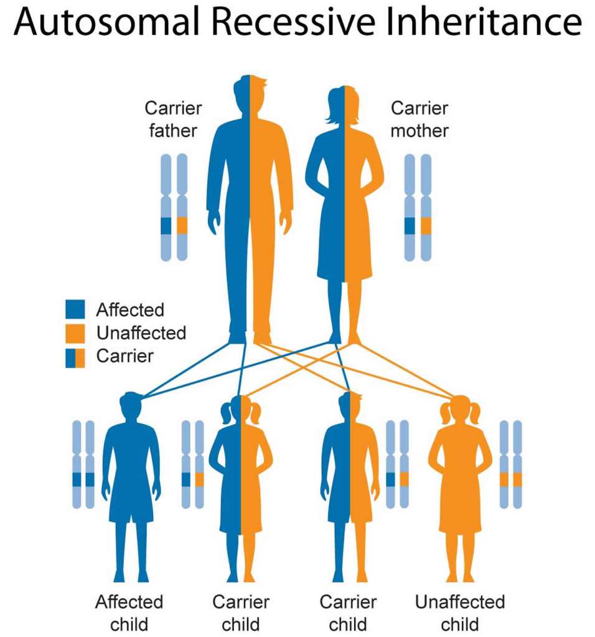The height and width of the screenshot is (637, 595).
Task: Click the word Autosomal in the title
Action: pos(110,24)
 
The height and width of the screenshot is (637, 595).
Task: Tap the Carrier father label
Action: pos(173,119)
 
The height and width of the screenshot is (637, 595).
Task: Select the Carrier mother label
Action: pos(419,119)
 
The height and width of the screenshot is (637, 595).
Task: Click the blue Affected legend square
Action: pos(75,309)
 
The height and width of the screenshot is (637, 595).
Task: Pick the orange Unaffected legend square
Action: pos(75,333)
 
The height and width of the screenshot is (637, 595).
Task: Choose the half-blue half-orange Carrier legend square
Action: pos(75,357)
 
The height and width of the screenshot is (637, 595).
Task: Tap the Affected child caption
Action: pos(129,613)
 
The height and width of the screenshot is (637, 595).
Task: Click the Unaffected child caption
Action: pos(460,613)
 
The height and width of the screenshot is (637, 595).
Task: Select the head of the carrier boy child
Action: pos(350,408)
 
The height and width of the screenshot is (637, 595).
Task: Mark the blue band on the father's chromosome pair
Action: pos(166,225)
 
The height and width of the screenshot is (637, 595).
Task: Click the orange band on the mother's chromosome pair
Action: pos(426,225)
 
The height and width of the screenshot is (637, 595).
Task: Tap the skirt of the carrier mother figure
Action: pos(344,249)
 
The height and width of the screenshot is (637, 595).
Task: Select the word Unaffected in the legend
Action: pos(141,333)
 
